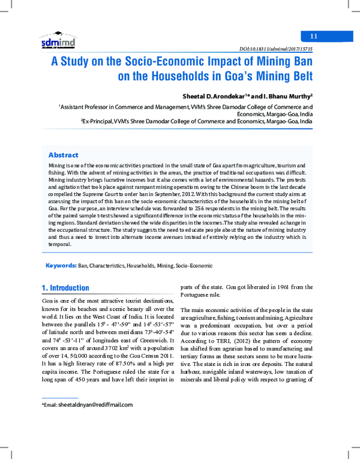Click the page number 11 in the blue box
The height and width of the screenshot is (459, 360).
(313, 37)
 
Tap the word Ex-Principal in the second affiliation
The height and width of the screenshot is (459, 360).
(99, 121)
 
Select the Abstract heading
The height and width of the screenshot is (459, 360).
(63, 155)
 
